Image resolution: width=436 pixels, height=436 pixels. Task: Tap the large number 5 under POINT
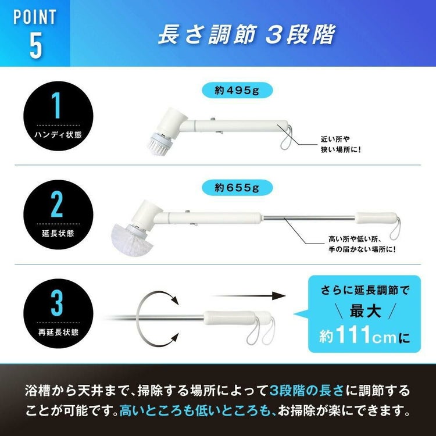click(x=35, y=47)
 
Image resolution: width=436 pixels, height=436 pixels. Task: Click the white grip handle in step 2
click(x=375, y=219)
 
